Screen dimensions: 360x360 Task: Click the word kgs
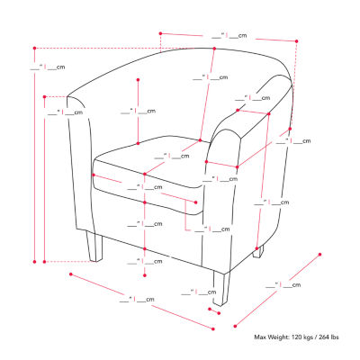click(x=316, y=338)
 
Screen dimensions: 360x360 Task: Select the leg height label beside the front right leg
click(x=203, y=292)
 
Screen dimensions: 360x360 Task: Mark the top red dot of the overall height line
click(x=35, y=47)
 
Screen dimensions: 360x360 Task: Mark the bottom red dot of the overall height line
click(x=35, y=262)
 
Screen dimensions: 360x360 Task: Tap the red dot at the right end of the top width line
click(x=295, y=40)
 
